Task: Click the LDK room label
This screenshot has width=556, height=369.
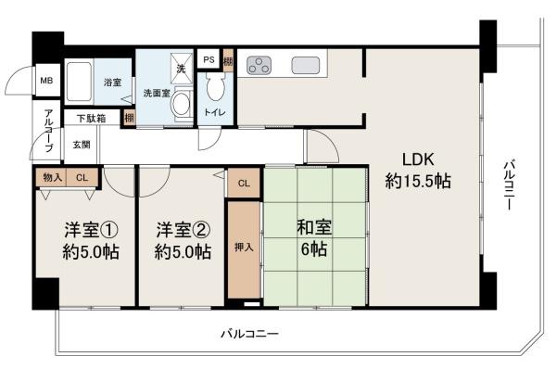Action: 417,158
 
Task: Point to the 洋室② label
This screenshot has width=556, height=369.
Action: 182,229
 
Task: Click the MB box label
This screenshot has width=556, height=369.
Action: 45,81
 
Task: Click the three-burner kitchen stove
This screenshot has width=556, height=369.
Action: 261,66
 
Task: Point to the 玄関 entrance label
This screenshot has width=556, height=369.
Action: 82,145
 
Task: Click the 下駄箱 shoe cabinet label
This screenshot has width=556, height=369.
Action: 90,119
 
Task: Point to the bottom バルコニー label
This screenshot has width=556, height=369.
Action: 248,333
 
